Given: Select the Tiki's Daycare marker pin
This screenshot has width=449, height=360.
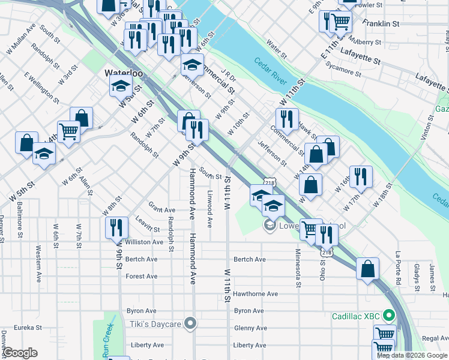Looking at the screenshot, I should (191, 324).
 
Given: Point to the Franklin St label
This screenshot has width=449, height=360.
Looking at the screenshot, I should (381, 23).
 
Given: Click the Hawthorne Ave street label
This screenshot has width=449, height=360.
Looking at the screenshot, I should (256, 294).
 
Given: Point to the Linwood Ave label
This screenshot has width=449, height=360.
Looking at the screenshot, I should (209, 209).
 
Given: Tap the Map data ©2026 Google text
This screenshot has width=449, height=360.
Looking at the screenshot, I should (412, 355).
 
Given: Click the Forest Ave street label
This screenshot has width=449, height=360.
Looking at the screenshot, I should (142, 277).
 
